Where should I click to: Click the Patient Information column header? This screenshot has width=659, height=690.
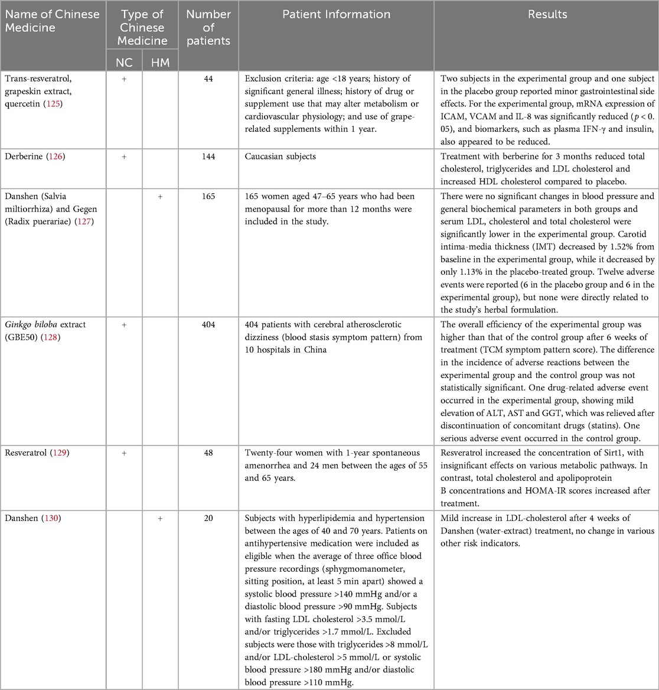[335, 15]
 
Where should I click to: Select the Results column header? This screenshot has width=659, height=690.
[546, 15]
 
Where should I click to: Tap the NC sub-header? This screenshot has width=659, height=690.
[124, 62]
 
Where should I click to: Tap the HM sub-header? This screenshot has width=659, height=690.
[160, 62]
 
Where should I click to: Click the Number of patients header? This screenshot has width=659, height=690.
[208, 27]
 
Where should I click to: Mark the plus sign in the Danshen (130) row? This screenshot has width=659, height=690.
[160, 518]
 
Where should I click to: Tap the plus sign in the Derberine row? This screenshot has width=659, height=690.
[124, 157]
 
